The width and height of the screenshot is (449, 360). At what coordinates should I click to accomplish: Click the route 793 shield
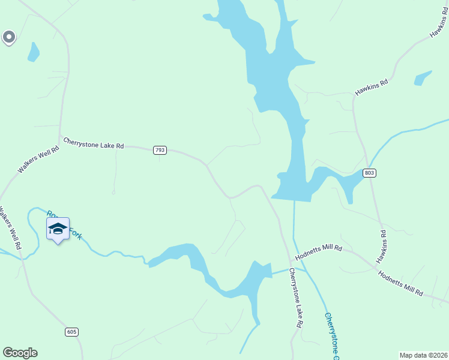click(160, 150)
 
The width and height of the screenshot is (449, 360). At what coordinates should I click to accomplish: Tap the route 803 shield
click(370, 173)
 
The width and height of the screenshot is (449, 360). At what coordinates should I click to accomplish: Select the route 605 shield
click(72, 332)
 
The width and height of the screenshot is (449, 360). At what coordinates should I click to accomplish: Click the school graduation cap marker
click(58, 229)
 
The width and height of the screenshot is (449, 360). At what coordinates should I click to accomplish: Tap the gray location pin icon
click(8, 38)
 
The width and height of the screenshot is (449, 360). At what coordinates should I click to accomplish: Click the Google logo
click(20, 353)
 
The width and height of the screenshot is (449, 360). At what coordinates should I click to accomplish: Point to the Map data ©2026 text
click(423, 355)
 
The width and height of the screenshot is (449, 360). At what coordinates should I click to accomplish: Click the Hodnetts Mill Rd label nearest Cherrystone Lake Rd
click(318, 252)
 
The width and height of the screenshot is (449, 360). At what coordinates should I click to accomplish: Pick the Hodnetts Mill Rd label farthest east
click(401, 283)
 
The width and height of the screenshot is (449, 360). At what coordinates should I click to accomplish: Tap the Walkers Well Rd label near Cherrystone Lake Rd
click(39, 160)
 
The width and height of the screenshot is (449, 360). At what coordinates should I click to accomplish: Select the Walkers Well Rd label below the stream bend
click(10, 228)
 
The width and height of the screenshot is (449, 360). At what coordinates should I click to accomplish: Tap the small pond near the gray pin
click(33, 53)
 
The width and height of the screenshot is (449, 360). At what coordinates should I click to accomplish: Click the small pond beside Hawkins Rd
click(423, 78)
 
